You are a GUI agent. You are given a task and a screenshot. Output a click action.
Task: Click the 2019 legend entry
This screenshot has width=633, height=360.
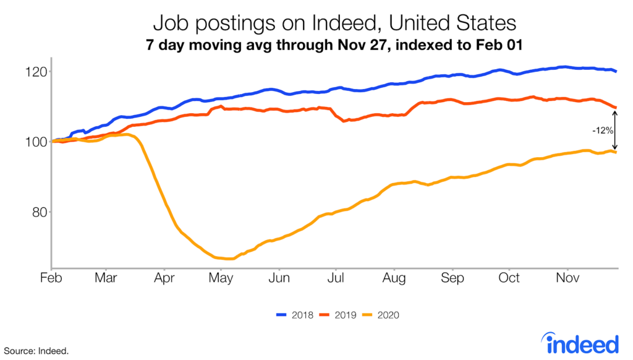click(x=336, y=315)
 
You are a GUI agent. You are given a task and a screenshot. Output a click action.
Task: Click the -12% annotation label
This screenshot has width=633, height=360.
click(x=602, y=130)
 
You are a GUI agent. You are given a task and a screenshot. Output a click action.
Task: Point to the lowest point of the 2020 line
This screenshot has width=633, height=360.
click(x=227, y=259)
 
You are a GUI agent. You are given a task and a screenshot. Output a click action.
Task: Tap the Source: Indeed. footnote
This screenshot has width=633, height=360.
click(x=34, y=351)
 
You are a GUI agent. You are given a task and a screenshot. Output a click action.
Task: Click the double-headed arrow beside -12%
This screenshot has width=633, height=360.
click(x=615, y=130)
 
